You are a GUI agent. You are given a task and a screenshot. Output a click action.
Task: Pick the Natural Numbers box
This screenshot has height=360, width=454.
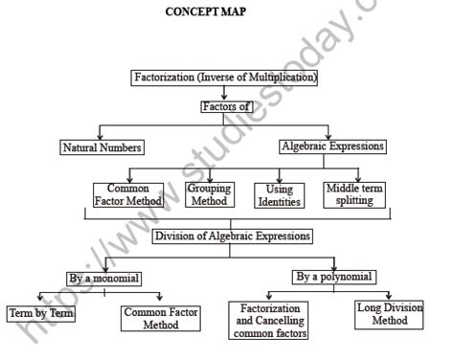click(101, 148)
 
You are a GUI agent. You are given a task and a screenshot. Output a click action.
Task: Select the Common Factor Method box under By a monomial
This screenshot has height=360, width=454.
click(159, 319)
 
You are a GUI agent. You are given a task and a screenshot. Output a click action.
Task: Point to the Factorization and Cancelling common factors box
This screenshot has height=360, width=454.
click(268, 322)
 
